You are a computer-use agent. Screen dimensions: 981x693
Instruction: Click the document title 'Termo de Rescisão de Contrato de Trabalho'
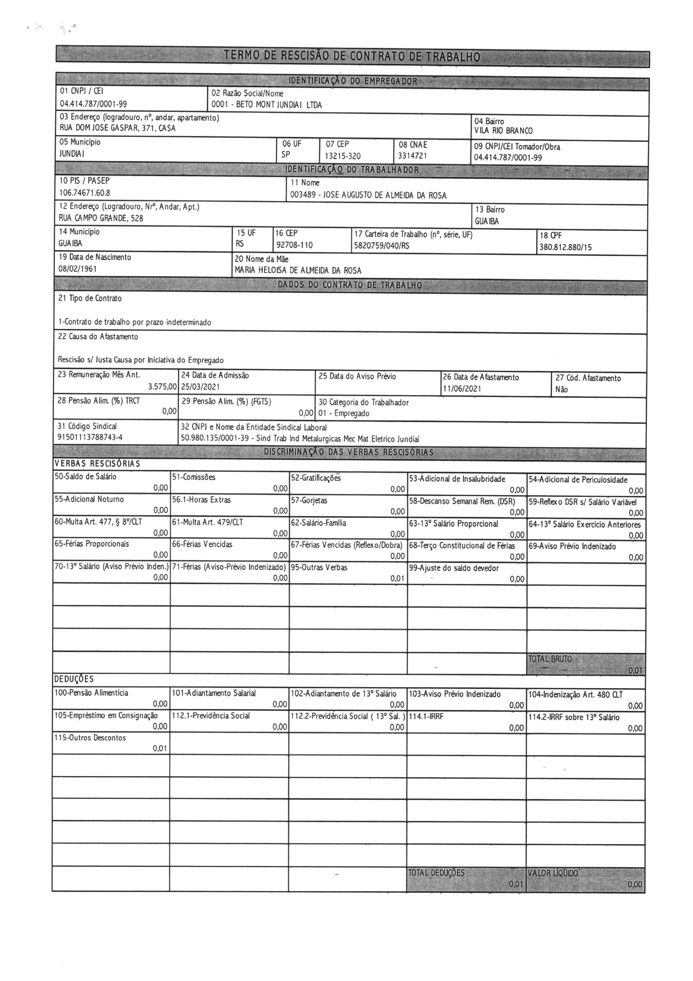(352, 56)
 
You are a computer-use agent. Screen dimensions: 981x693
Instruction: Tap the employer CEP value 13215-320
(343, 157)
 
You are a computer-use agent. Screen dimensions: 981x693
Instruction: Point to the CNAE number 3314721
(413, 156)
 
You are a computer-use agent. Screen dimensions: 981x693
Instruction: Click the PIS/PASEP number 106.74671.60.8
(85, 193)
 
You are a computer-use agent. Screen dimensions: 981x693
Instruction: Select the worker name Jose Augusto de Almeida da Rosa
(384, 196)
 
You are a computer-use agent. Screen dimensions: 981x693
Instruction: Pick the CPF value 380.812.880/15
(565, 247)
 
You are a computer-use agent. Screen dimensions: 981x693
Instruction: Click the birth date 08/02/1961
(77, 269)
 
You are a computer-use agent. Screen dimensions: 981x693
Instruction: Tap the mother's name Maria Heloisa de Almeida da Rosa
(298, 271)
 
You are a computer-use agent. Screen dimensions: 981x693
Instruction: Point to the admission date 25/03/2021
(200, 387)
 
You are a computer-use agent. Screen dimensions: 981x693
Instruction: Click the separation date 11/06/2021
(462, 389)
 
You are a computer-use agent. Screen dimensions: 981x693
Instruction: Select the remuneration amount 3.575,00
(162, 387)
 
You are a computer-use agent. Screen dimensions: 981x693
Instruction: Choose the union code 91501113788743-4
(90, 437)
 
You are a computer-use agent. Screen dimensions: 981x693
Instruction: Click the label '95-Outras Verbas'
(319, 568)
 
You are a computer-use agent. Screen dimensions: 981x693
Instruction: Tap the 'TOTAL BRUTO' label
(550, 659)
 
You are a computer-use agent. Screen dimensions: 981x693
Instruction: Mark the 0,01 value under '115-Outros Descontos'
(160, 749)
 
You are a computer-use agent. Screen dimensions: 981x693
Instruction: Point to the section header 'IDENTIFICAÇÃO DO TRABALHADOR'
(352, 170)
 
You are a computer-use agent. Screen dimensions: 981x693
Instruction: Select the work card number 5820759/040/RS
(382, 246)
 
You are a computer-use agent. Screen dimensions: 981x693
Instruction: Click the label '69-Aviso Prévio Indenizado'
(572, 546)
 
